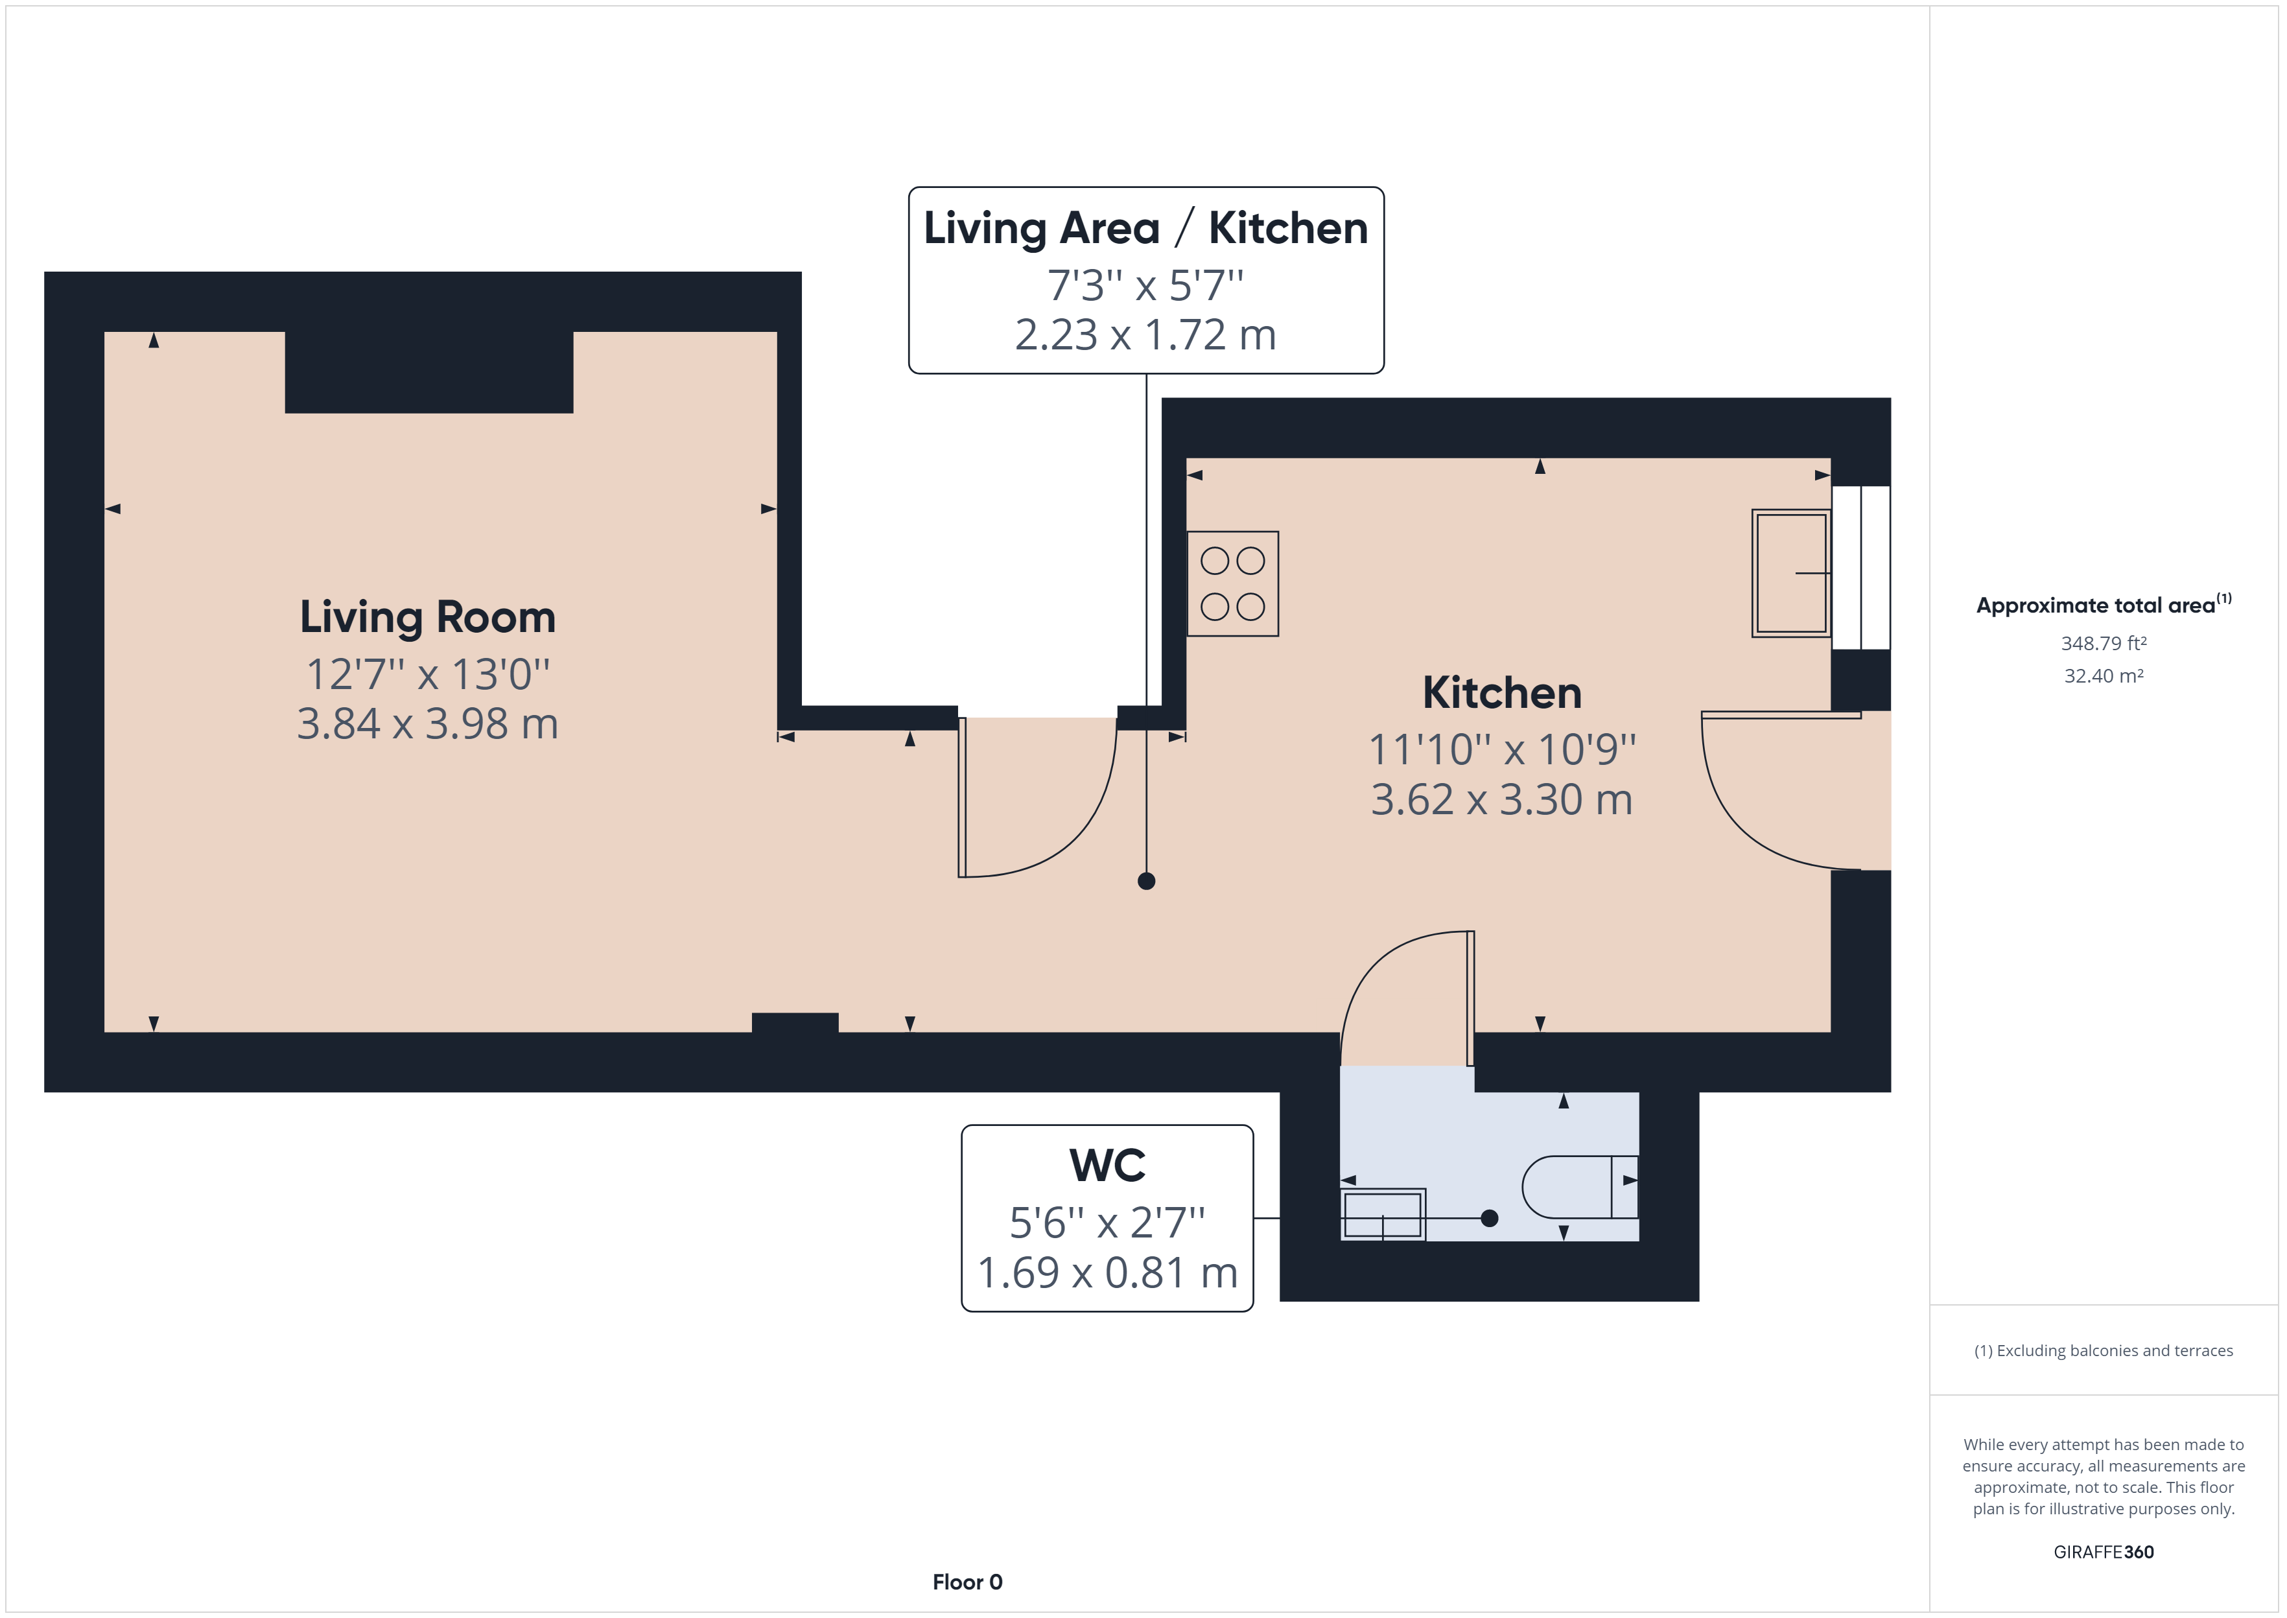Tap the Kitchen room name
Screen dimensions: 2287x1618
click(x=1502, y=694)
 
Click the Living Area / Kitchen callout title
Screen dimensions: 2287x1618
click(x=1145, y=228)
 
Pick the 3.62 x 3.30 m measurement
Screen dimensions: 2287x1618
click(x=1502, y=800)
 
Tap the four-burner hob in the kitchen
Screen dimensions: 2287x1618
click(x=1233, y=584)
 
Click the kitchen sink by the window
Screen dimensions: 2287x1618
click(x=1791, y=573)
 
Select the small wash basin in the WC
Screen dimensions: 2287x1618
click(x=1383, y=1215)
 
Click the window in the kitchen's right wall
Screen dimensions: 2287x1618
click(x=1860, y=567)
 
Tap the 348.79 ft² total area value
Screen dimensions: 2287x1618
click(x=2104, y=644)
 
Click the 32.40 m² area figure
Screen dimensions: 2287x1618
click(x=2104, y=675)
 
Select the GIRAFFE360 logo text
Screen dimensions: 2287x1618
click(x=2104, y=1553)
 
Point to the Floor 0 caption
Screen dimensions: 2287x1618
click(x=967, y=1582)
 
